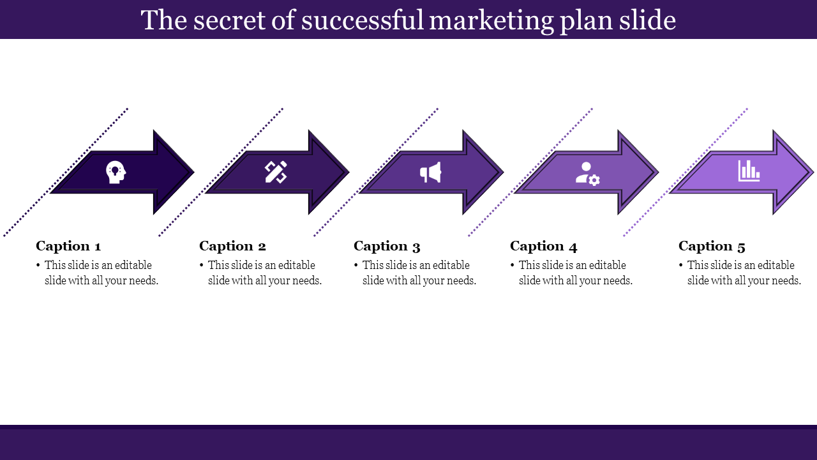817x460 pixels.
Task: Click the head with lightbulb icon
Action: point(116,172)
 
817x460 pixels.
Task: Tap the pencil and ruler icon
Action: point(276,172)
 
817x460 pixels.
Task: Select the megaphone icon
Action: point(431,172)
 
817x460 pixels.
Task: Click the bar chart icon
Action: point(749,171)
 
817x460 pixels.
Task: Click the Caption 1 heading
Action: point(68,246)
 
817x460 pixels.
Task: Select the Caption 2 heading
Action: point(232,246)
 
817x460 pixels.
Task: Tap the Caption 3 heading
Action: point(387,246)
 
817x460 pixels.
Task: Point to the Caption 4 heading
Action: point(543,246)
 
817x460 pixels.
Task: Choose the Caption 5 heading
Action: point(712,246)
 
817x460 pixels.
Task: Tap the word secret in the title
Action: point(227,20)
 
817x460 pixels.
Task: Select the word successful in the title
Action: point(362,20)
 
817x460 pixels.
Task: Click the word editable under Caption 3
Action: point(451,265)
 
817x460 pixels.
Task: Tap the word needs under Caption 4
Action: point(615,280)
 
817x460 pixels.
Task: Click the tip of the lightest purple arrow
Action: point(812,172)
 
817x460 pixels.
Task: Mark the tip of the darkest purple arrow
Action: point(192,172)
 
